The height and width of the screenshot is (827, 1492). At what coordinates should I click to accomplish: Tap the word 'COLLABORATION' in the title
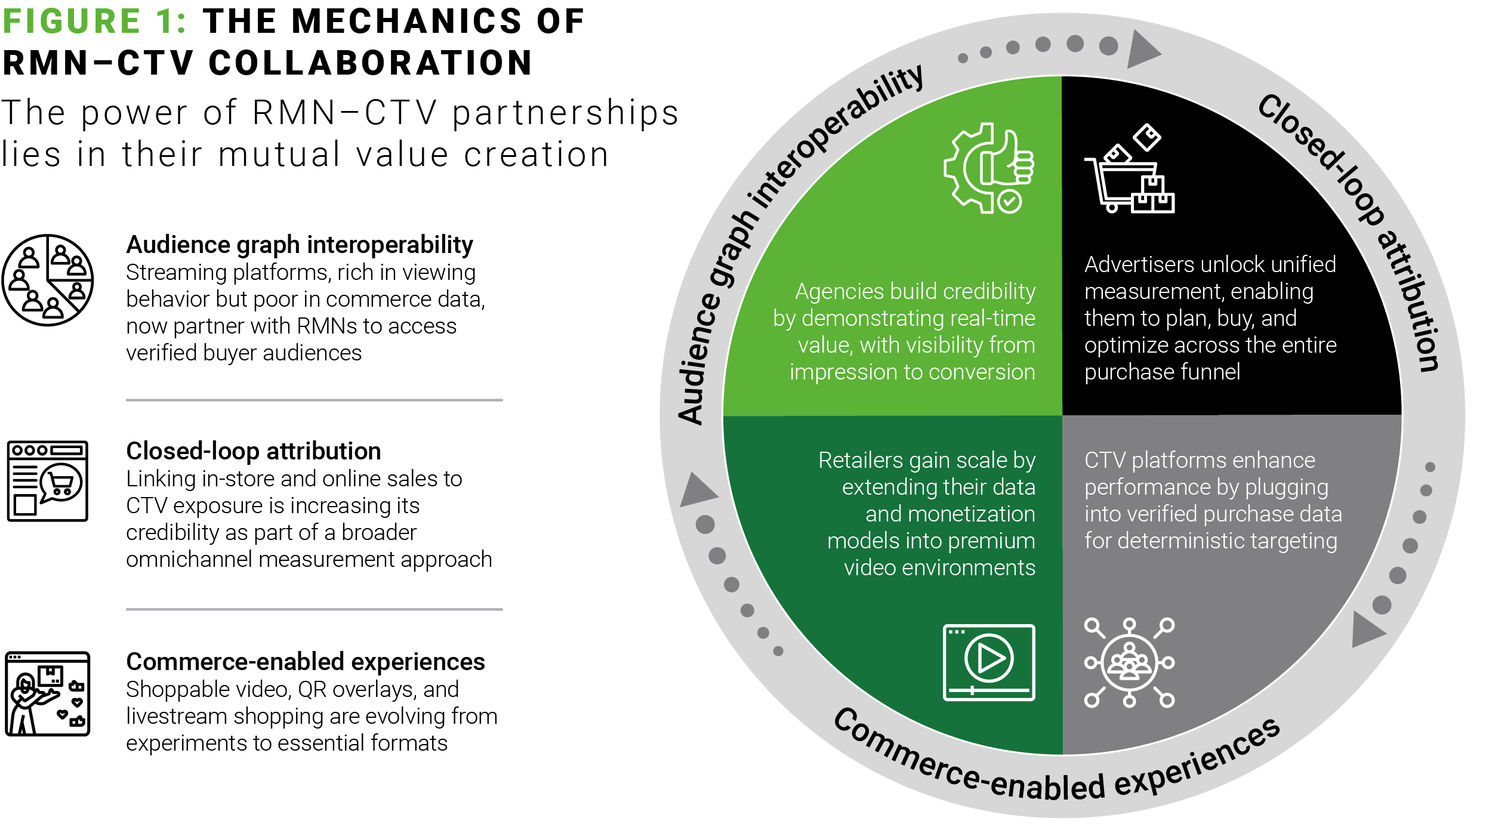(371, 63)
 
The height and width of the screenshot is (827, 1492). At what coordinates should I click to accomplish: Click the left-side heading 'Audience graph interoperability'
(300, 245)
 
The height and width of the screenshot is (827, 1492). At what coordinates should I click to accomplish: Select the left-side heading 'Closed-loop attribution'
(253, 451)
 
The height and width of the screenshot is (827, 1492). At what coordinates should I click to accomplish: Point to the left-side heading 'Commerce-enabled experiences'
(306, 662)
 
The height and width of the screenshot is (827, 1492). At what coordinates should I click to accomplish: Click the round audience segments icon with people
(48, 280)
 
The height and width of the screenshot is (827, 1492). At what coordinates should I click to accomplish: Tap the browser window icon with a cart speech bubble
(48, 481)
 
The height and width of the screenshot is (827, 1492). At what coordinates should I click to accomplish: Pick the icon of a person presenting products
(48, 693)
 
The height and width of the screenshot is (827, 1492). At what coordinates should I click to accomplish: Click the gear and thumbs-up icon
(989, 168)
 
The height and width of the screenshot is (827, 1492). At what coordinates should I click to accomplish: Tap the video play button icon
(989, 662)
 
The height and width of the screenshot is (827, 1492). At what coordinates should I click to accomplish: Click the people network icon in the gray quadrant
(1129, 662)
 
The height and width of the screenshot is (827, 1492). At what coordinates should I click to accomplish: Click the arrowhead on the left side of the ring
(696, 490)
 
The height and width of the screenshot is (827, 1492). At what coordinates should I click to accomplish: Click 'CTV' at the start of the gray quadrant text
(1105, 461)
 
